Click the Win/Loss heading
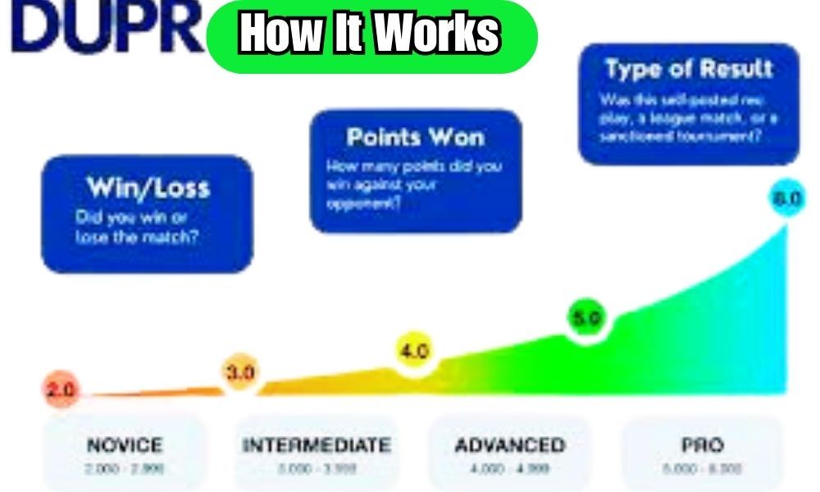click(x=148, y=188)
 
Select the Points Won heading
click(x=415, y=137)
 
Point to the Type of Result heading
click(x=689, y=69)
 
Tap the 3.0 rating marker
click(x=240, y=372)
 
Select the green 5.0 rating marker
click(x=587, y=318)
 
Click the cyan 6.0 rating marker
click(x=788, y=200)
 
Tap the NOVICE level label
click(x=125, y=445)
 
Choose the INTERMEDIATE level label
click(x=317, y=445)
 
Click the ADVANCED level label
click(x=509, y=445)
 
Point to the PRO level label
click(x=702, y=445)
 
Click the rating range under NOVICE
click(x=125, y=468)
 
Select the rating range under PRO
click(x=702, y=468)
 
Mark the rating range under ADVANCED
click(x=509, y=468)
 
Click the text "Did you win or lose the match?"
click(x=138, y=227)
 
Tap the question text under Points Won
click(x=413, y=184)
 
